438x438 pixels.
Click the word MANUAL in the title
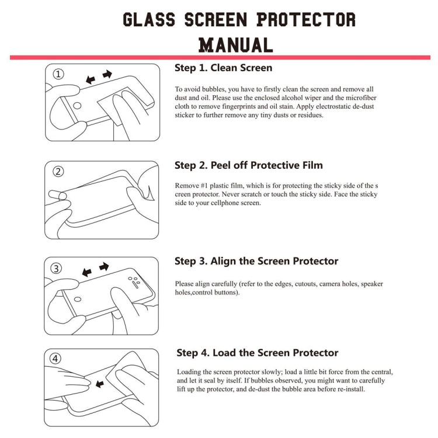(x=236, y=44)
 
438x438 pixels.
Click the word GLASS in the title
(x=149, y=19)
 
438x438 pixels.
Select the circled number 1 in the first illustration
(x=58, y=74)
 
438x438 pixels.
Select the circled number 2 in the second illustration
(x=58, y=171)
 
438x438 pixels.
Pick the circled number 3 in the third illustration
(x=56, y=269)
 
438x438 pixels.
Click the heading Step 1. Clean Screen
(x=223, y=68)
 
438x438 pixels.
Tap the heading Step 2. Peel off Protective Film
(x=248, y=165)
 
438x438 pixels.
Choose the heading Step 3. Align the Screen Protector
(x=256, y=261)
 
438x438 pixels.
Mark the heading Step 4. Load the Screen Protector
(x=258, y=353)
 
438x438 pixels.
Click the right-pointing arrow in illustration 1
(x=107, y=74)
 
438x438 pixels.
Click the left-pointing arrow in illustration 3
(x=88, y=272)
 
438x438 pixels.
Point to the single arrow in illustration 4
(x=100, y=384)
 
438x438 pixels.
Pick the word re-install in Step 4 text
(x=350, y=389)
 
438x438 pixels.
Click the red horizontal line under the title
(x=220, y=57)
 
